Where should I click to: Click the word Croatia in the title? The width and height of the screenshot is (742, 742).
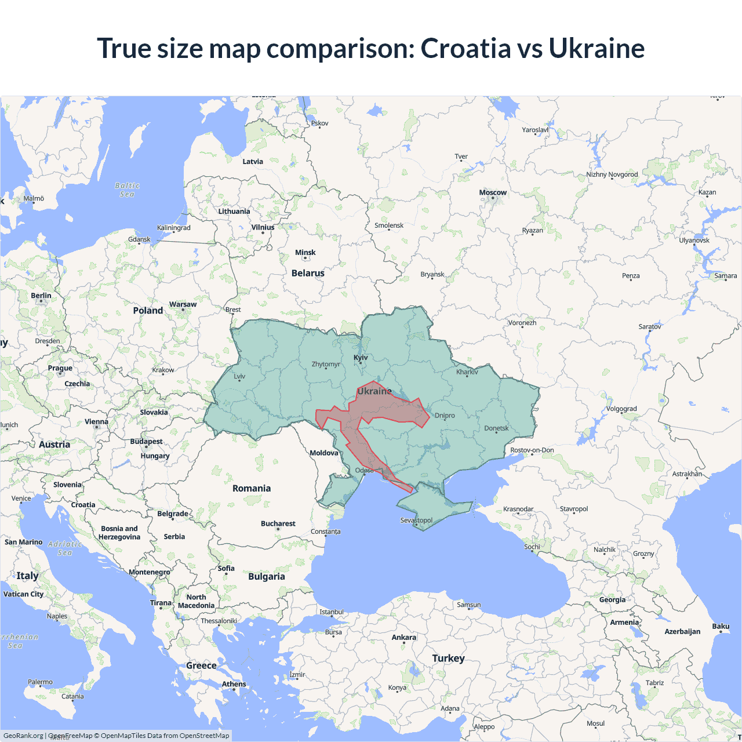[465, 48]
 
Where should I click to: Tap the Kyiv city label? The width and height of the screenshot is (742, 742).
[361, 358]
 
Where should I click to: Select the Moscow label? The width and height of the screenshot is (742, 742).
[493, 192]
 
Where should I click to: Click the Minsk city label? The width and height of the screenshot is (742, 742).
[305, 253]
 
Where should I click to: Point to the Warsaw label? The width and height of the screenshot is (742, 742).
[183, 304]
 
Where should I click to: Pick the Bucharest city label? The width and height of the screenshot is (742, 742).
[278, 523]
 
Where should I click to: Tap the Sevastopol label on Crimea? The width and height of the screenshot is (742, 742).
[416, 520]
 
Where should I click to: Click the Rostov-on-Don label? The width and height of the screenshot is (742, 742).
[532, 450]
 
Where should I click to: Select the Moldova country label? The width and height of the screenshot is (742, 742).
[323, 453]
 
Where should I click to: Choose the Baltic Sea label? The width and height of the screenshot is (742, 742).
[128, 190]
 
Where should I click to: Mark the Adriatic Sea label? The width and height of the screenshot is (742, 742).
[65, 548]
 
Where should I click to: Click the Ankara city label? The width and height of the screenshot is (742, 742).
[403, 637]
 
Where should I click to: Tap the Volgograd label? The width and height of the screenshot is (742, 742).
[621, 409]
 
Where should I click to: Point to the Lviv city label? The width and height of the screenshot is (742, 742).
[239, 376]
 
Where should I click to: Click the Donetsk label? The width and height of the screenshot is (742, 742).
[496, 428]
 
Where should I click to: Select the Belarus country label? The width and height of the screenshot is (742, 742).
[308, 273]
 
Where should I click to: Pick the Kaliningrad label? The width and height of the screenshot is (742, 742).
[173, 228]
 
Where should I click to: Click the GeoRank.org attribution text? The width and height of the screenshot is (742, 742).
[23, 736]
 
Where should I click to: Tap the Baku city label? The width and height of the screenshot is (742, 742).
[721, 626]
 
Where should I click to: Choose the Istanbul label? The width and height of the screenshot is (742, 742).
[332, 612]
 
